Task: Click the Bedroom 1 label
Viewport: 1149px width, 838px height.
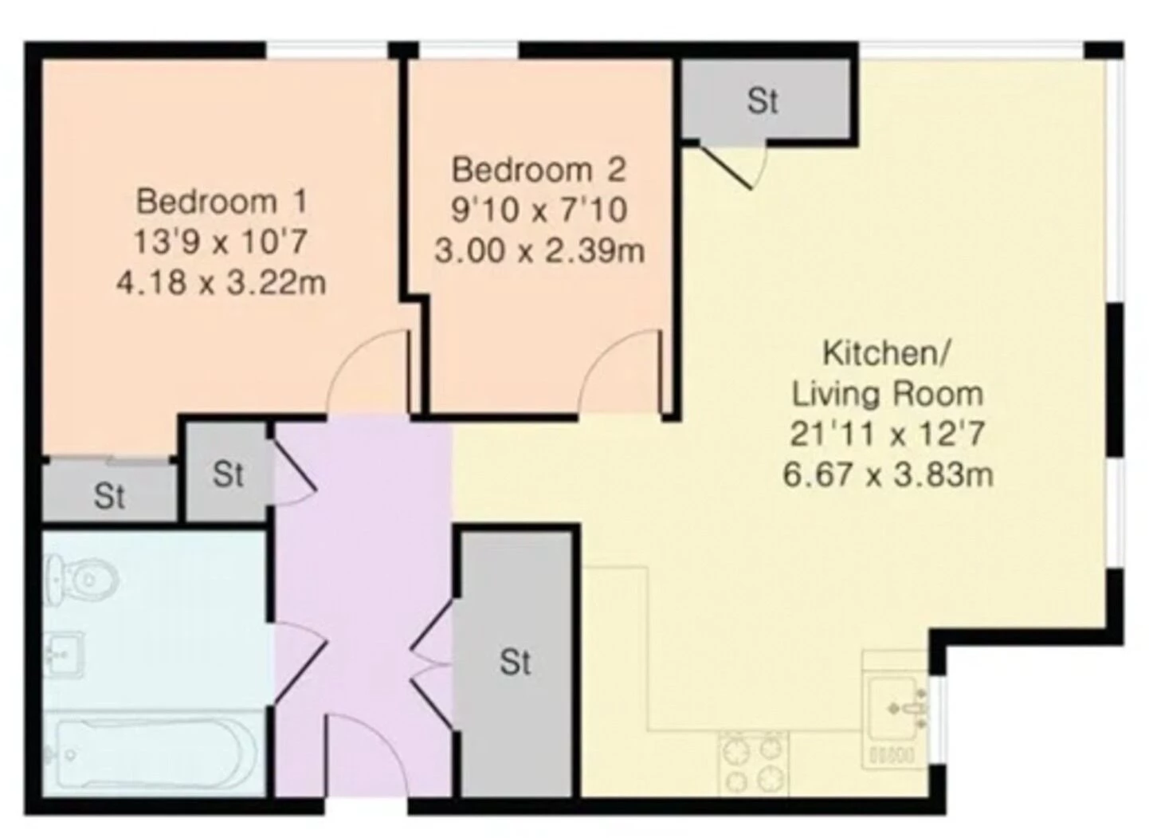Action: (x=222, y=201)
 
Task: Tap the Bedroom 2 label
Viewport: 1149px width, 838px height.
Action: (x=539, y=170)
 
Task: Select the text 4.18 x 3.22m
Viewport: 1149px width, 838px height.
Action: (x=222, y=283)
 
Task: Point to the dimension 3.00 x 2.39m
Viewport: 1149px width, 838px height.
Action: (x=539, y=251)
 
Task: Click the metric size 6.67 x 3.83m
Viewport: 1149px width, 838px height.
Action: (x=888, y=474)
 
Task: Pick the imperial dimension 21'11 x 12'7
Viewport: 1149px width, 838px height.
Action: (x=887, y=434)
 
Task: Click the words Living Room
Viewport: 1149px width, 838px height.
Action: (x=888, y=394)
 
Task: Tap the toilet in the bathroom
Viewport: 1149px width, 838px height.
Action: (x=82, y=580)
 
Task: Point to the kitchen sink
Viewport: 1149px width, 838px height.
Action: (x=898, y=708)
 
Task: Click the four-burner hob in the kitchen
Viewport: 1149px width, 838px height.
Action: (x=754, y=764)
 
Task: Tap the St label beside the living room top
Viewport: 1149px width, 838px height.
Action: (x=763, y=100)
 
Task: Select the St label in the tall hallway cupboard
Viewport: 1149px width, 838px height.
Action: (x=516, y=662)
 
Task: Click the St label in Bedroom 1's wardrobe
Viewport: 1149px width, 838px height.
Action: (x=109, y=496)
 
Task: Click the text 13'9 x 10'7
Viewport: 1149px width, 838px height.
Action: (x=221, y=242)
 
